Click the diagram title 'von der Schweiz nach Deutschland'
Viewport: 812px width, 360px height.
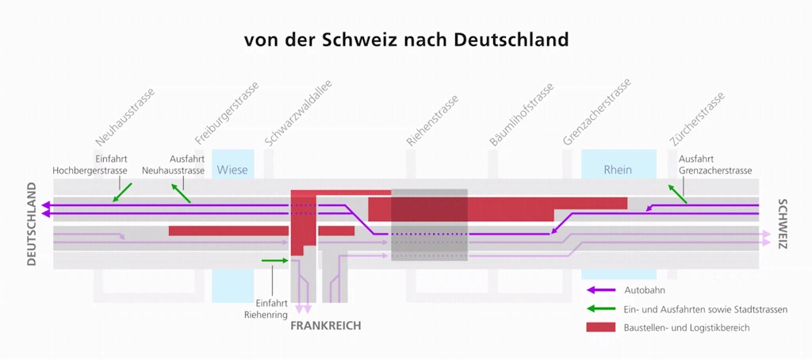[x=406, y=40]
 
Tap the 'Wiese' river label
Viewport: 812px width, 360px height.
[x=232, y=170]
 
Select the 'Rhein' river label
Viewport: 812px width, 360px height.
[x=618, y=170]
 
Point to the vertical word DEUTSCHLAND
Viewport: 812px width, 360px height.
[x=32, y=224]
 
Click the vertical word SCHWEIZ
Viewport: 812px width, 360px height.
[x=782, y=224]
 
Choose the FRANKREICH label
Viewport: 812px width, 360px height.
[x=325, y=326]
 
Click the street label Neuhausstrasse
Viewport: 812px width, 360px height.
[x=124, y=117]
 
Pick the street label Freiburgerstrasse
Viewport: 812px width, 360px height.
[x=226, y=113]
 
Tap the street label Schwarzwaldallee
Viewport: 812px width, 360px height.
[x=298, y=113]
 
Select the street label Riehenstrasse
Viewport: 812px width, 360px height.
[x=432, y=121]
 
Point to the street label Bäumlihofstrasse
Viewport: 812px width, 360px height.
[x=522, y=114]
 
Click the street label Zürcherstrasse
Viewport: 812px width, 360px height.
[x=696, y=119]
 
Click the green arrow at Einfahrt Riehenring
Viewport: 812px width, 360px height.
[x=275, y=261]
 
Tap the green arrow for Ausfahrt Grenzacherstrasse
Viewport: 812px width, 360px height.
[x=677, y=193]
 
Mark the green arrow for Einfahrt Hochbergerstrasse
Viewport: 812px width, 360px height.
[x=122, y=192]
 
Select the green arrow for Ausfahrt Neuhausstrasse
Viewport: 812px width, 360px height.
[x=182, y=192]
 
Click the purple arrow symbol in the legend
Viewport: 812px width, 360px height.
[x=601, y=290]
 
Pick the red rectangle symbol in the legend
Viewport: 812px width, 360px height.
[x=601, y=327]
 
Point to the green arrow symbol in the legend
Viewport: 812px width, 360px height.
[x=601, y=308]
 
